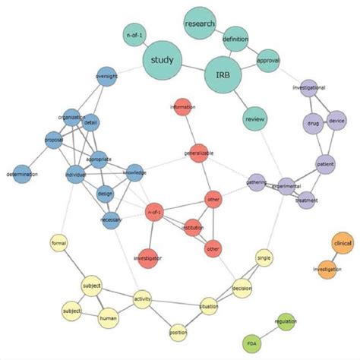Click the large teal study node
[162, 60]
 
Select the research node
[200, 24]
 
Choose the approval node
[269, 60]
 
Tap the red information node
[182, 107]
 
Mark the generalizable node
[199, 153]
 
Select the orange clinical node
[343, 243]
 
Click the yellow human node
[108, 319]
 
